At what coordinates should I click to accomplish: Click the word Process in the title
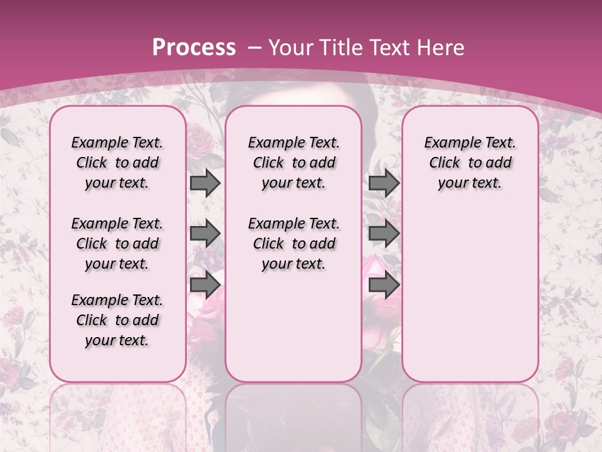194,48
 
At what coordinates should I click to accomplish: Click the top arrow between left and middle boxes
205,183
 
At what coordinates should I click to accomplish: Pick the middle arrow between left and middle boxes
205,234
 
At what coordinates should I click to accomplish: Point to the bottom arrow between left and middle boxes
205,285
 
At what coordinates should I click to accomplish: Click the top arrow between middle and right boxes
384,183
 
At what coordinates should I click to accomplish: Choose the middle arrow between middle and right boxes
384,234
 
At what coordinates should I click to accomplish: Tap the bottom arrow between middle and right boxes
384,285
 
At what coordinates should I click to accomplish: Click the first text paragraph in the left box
117,163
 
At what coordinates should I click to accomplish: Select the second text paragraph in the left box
117,244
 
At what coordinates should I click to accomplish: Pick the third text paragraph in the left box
117,320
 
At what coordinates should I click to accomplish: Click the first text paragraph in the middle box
293,163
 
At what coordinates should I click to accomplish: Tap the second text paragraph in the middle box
293,244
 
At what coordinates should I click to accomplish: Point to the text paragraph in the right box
470,163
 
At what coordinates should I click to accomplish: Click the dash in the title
255,48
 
